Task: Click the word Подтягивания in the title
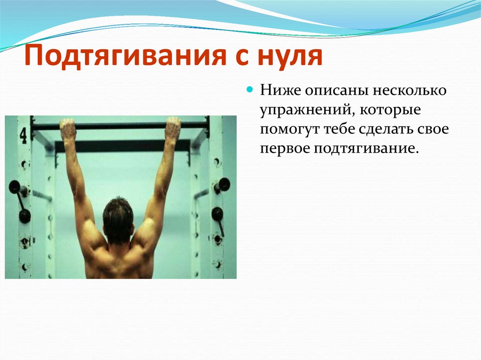point(124,55)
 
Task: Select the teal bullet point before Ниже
point(250,90)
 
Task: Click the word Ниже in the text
point(279,90)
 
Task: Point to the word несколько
point(410,91)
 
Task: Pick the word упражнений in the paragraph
point(305,110)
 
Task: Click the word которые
point(390,110)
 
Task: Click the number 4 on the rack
point(23,136)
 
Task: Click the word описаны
point(336,91)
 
